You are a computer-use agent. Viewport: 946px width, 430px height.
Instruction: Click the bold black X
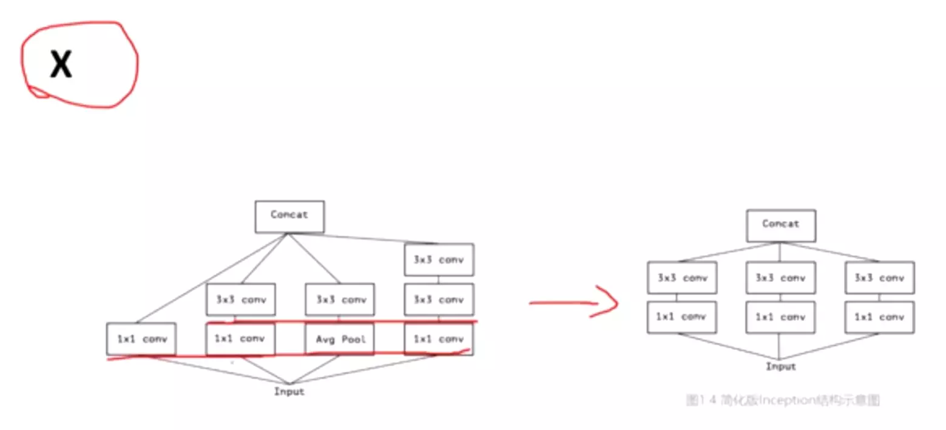pyautogui.click(x=61, y=66)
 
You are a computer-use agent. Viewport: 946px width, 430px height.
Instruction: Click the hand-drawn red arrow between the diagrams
pyautogui.click(x=573, y=302)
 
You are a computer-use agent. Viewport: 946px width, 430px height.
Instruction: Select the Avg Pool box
pyautogui.click(x=339, y=339)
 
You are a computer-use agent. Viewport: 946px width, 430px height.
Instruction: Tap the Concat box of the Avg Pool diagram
pyautogui.click(x=289, y=216)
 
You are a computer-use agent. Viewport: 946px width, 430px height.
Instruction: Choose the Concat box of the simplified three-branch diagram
pyautogui.click(x=781, y=225)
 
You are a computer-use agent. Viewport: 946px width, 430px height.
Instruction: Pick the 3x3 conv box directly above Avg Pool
pyautogui.click(x=339, y=299)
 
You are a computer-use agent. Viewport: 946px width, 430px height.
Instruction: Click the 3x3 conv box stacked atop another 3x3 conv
pyautogui.click(x=439, y=259)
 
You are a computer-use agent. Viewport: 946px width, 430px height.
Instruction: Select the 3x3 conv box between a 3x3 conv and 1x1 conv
pyautogui.click(x=439, y=299)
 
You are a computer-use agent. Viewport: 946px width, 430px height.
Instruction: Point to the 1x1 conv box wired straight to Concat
pyautogui.click(x=141, y=339)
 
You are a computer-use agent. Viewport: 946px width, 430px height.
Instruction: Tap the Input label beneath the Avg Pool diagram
pyautogui.click(x=289, y=392)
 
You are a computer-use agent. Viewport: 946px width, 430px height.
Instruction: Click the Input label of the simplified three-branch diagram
pyautogui.click(x=781, y=367)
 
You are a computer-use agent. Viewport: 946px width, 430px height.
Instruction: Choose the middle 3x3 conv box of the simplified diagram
pyautogui.click(x=781, y=278)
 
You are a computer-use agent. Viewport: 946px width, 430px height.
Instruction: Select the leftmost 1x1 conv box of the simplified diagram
pyautogui.click(x=682, y=317)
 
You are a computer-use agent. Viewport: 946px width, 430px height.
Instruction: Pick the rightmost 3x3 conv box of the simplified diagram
pyautogui.click(x=879, y=278)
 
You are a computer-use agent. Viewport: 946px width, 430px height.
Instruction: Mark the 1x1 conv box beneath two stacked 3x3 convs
pyautogui.click(x=439, y=339)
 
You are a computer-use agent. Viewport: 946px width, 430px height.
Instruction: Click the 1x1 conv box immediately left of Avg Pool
pyautogui.click(x=240, y=339)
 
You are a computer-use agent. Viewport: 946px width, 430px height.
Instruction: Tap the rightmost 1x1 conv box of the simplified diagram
pyautogui.click(x=879, y=317)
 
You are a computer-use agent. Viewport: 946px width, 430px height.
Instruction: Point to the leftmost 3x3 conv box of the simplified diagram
pyautogui.click(x=682, y=278)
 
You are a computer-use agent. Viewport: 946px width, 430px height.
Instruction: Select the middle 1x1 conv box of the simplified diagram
pyautogui.click(x=781, y=317)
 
